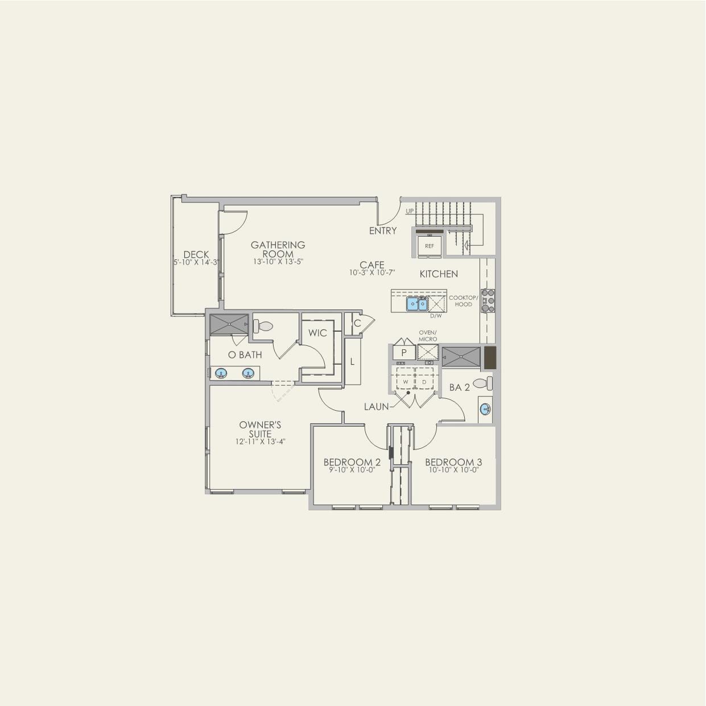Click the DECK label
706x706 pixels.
click(196, 254)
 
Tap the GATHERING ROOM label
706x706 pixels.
click(278, 249)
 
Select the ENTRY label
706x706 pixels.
click(383, 230)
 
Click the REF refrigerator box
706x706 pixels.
click(430, 246)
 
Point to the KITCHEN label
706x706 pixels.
click(439, 274)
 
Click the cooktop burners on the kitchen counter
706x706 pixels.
click(488, 301)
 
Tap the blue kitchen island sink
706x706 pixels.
click(417, 304)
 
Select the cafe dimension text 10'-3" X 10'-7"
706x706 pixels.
click(372, 273)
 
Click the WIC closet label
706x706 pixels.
click(317, 333)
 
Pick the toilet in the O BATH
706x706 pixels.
click(264, 327)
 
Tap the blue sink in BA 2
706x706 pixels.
click(485, 409)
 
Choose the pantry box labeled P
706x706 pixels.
click(403, 353)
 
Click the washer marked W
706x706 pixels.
click(406, 382)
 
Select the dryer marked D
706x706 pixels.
click(424, 382)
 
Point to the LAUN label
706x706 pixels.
click(377, 406)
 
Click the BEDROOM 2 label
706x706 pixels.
click(352, 462)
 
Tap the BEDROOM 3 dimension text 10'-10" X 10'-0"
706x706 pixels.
click(453, 470)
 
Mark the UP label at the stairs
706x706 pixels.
click(410, 211)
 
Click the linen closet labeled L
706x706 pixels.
click(353, 361)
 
